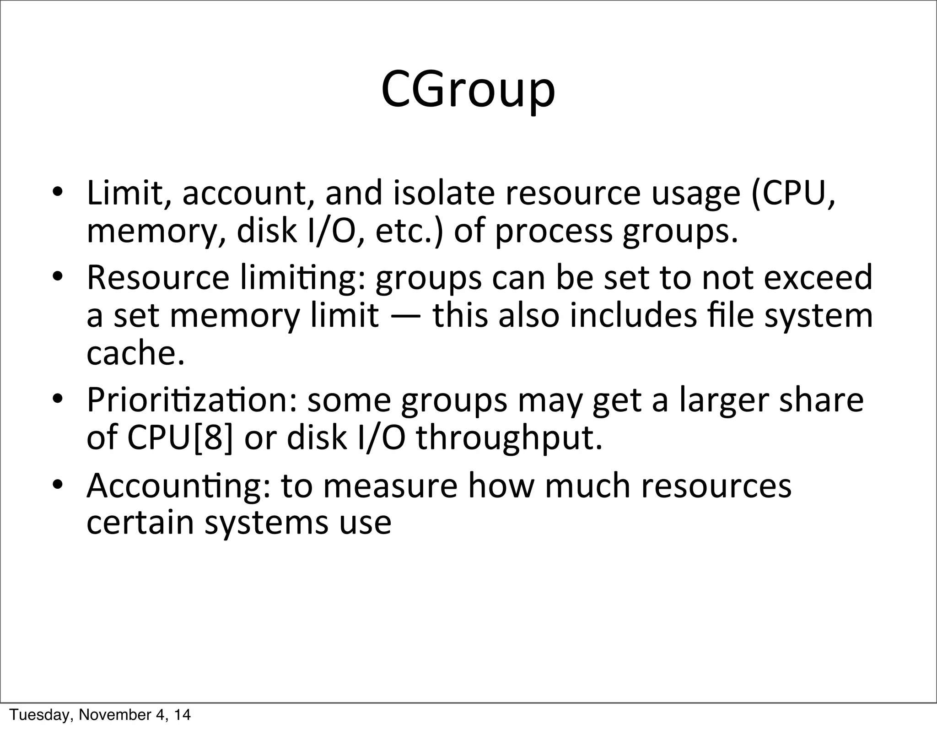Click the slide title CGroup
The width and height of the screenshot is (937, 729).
click(468, 90)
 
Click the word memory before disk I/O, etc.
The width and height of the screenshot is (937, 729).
click(155, 232)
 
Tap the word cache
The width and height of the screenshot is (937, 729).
click(135, 354)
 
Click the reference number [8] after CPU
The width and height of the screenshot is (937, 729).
click(213, 437)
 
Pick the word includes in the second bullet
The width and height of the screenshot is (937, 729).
click(633, 316)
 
